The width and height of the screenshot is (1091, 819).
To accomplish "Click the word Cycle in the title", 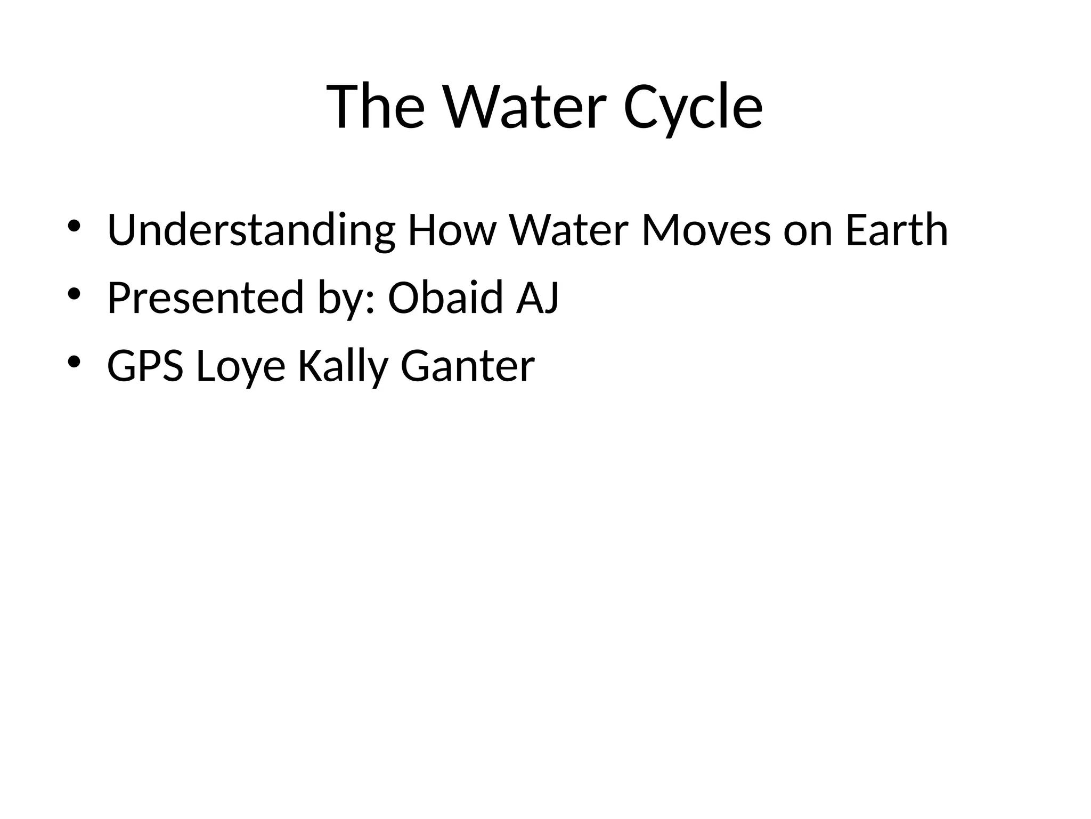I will tap(693, 108).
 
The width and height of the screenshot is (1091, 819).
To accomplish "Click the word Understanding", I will tap(251, 230).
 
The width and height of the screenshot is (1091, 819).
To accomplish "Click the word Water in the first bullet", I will tap(569, 230).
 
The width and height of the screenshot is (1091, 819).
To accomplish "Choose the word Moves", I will tap(706, 230).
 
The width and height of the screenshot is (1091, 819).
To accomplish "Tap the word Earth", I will tap(897, 230).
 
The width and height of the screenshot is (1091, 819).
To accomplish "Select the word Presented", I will tap(206, 298).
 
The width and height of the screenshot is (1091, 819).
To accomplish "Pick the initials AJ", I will tap(538, 298).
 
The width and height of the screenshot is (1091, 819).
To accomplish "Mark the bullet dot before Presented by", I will tap(74, 294).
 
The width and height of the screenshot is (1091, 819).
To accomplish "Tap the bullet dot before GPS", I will tap(74, 362).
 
